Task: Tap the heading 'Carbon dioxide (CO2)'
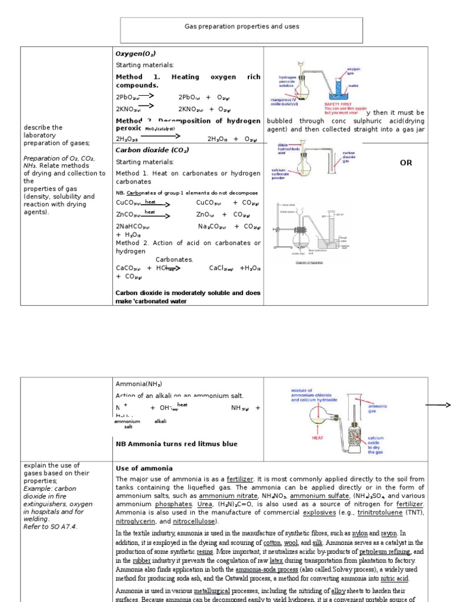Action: point(152,150)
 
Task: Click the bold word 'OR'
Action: point(406,163)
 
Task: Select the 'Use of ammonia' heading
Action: point(144,468)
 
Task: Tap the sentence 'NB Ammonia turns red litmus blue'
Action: point(176,444)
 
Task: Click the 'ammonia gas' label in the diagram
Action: point(376,409)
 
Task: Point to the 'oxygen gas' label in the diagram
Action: point(354,71)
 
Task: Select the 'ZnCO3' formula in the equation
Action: point(129,215)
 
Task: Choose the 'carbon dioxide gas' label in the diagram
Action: point(352,157)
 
